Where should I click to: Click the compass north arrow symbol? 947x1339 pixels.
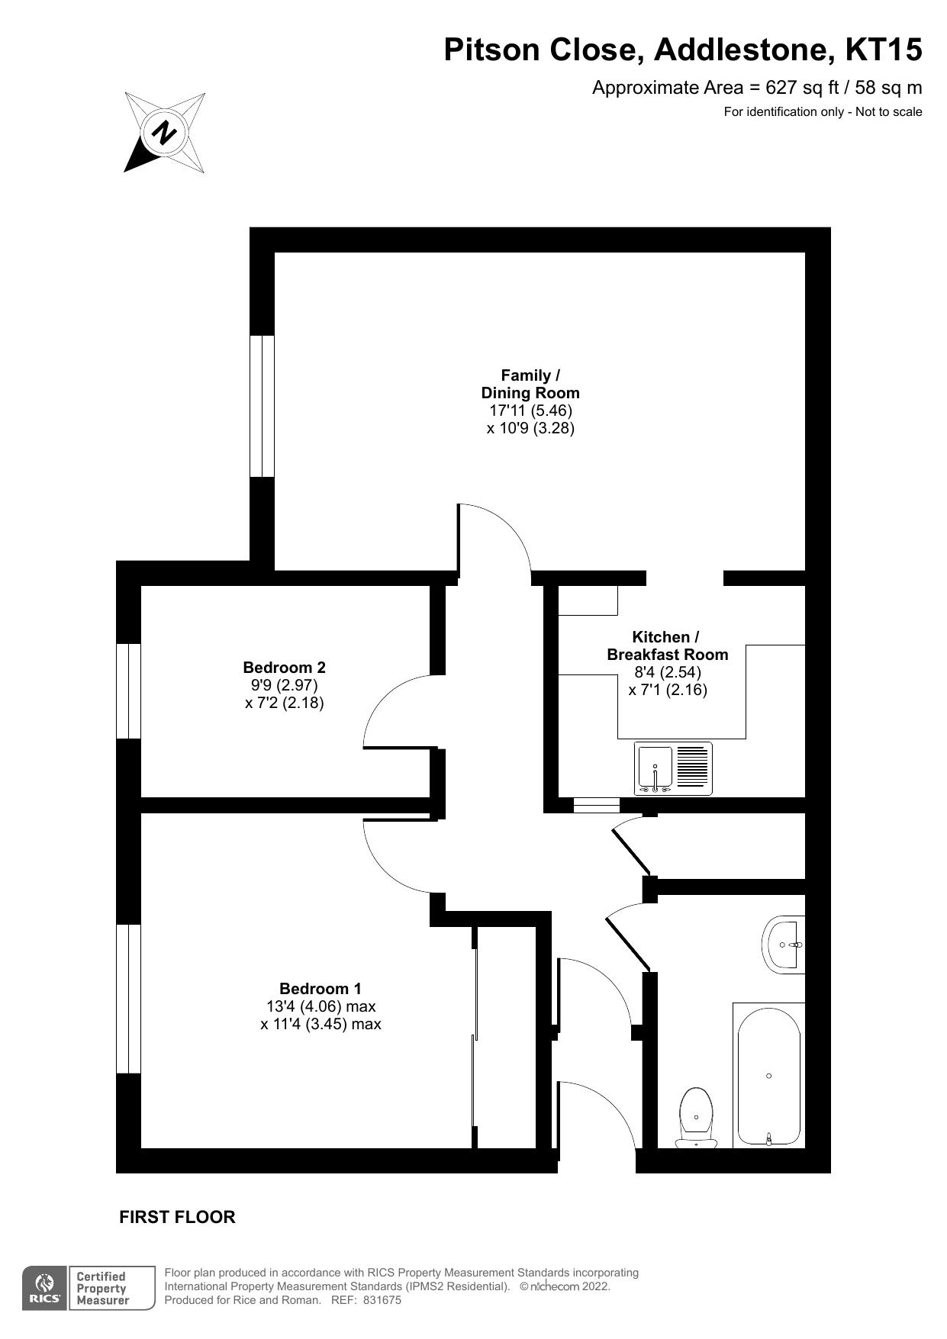(164, 133)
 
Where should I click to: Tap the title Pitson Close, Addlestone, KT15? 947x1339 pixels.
(683, 50)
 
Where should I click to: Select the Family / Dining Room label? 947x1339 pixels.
(530, 384)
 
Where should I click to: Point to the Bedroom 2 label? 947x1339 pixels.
(284, 668)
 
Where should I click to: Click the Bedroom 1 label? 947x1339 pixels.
(320, 989)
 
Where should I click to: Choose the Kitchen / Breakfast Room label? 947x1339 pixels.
(667, 645)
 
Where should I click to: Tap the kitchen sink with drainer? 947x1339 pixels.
(673, 768)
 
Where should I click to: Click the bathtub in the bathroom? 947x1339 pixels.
(768, 1075)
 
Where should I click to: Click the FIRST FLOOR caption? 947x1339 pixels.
(177, 1217)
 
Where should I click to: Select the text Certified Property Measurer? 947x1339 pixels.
(102, 1289)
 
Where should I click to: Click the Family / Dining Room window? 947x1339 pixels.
(262, 406)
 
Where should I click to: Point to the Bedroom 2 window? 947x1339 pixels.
(128, 690)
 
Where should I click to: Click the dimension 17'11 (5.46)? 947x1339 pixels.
(530, 410)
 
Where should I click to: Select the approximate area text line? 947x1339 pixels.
(756, 88)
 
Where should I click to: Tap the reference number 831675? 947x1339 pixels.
(382, 1300)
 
